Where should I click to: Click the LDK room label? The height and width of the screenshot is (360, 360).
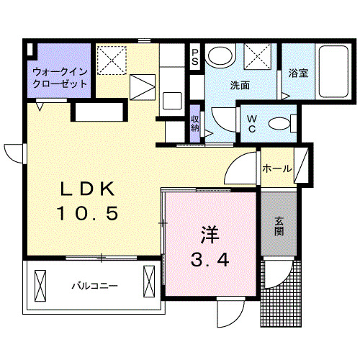tap(87, 189)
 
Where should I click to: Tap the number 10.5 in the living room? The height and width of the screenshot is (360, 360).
tap(87, 214)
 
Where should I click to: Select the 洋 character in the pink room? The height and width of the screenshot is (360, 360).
tap(209, 234)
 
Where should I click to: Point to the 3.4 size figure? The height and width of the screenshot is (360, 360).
tap(210, 260)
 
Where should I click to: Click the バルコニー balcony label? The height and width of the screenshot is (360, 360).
tap(94, 286)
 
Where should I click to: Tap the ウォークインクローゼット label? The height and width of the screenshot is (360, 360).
tap(60, 78)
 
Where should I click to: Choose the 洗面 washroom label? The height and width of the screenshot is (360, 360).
tap(240, 86)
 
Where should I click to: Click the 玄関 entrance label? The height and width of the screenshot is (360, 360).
tap(278, 226)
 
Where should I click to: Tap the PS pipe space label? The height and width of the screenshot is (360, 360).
tap(194, 57)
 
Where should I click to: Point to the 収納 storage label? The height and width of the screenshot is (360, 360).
tap(195, 122)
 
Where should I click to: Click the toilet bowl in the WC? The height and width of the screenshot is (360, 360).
tap(278, 123)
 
